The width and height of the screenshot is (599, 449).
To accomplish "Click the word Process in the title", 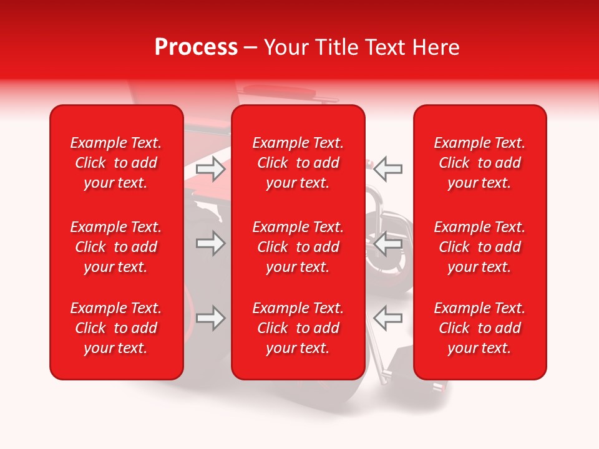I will click(196, 47).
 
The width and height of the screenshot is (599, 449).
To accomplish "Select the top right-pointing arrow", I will click(210, 169).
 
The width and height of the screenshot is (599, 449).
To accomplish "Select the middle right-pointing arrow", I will click(210, 243).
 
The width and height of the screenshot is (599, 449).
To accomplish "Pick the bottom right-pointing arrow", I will click(210, 318).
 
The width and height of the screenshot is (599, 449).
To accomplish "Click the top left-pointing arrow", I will click(388, 169).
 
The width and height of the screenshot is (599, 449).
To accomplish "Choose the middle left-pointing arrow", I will click(388, 243).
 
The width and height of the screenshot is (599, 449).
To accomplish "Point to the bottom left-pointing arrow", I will click(388, 318).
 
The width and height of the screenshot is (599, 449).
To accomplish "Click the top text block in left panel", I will click(116, 163).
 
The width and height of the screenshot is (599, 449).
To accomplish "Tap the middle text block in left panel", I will click(116, 247).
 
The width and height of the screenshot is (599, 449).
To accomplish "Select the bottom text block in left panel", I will click(116, 328).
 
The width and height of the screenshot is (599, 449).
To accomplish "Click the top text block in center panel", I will click(298, 163).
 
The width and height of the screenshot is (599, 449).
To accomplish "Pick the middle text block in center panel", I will click(298, 247).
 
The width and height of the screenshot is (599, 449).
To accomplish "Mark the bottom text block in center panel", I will click(298, 328).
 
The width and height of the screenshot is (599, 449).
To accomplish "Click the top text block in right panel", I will click(479, 163).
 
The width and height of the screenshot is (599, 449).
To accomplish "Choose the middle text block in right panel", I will click(479, 247).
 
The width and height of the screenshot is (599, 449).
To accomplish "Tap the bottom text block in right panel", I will click(479, 328).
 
